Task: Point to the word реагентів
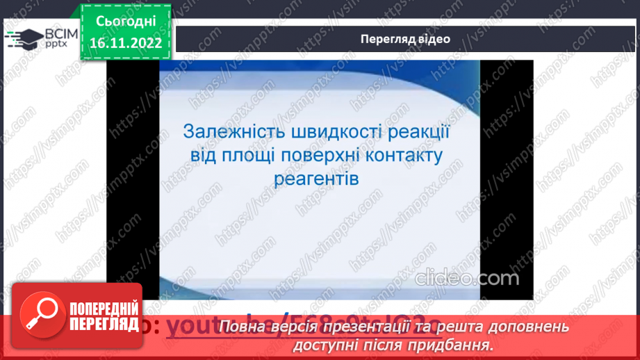coord(318,178)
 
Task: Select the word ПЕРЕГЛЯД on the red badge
coord(98,324)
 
